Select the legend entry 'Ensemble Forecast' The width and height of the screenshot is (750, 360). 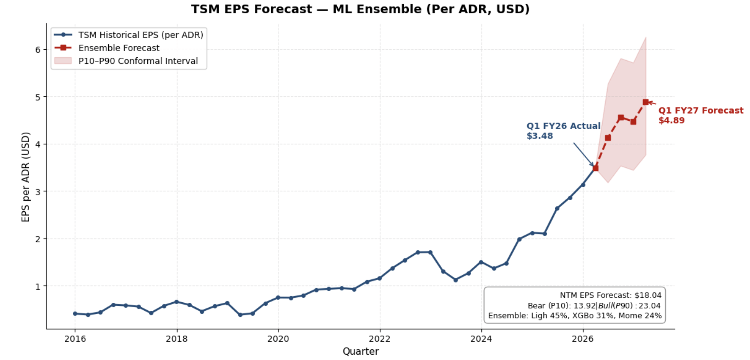pyautogui.click(x=118, y=48)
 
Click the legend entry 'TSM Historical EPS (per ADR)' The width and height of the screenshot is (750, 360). pyautogui.click(x=140, y=35)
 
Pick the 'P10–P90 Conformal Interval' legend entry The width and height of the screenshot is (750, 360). pyautogui.click(x=138, y=61)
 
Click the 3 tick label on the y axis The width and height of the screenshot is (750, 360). pyautogui.click(x=38, y=192)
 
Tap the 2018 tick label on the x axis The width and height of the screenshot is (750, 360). pyautogui.click(x=177, y=339)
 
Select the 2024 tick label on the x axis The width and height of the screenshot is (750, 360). pyautogui.click(x=481, y=339)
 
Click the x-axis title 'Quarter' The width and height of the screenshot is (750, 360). pyautogui.click(x=360, y=352)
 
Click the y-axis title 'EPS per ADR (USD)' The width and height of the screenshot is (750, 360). pyautogui.click(x=26, y=177)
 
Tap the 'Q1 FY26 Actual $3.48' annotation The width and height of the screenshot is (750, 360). pyautogui.click(x=563, y=131)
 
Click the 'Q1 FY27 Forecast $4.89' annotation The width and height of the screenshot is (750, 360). pyautogui.click(x=700, y=115)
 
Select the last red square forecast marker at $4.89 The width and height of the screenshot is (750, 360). pyautogui.click(x=646, y=102)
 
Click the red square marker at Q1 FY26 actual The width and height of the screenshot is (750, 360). pyautogui.click(x=596, y=168)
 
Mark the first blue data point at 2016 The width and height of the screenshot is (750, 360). pyautogui.click(x=75, y=314)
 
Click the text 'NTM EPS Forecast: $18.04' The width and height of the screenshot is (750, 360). pyautogui.click(x=610, y=295)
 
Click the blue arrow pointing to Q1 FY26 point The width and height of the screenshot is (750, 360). pyautogui.click(x=583, y=154)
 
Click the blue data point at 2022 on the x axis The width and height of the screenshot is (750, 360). pyautogui.click(x=379, y=278)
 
